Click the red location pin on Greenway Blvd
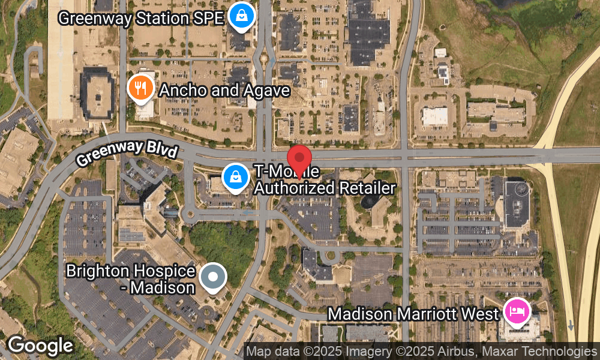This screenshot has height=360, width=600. click(298, 158)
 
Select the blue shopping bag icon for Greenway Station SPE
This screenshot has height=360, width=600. click(241, 16)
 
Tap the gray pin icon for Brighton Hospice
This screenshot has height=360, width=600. click(212, 277)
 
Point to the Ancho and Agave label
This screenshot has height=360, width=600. click(224, 91)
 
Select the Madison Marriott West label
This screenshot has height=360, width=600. click(413, 314)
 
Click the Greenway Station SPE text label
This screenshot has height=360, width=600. click(141, 18)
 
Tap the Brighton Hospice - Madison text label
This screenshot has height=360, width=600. click(130, 279)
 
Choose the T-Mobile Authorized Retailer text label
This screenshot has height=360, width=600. click(324, 181)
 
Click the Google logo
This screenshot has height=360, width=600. click(40, 346)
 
